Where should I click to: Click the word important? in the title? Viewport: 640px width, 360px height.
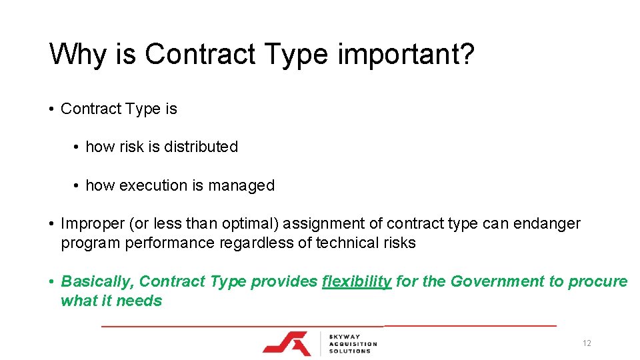[406, 55]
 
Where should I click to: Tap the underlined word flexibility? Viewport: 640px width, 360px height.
[357, 281]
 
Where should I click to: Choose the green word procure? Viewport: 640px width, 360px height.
[598, 282]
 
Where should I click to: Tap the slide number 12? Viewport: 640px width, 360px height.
[587, 343]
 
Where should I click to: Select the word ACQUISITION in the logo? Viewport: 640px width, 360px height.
[353, 344]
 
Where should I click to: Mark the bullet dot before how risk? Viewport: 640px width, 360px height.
[78, 147]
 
